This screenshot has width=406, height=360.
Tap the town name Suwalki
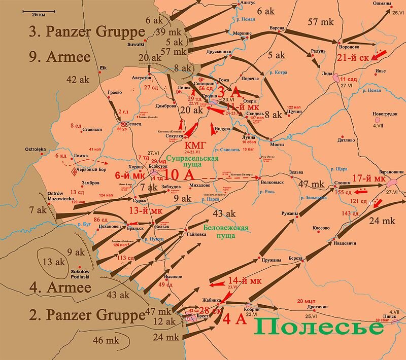(x=136, y=44)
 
